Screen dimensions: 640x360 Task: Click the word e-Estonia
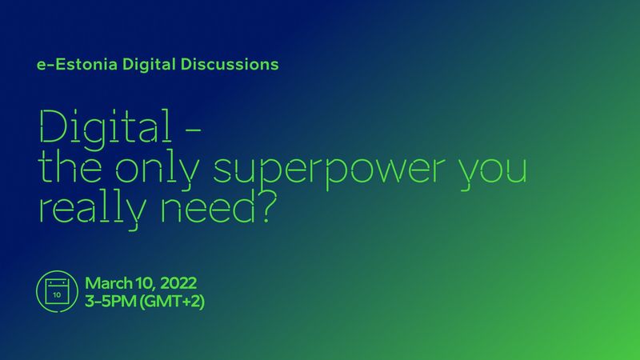(77, 65)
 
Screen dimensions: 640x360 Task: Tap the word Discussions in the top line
(230, 65)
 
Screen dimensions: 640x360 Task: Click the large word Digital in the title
(106, 127)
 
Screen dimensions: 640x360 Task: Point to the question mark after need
(268, 207)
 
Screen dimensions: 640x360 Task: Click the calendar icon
(57, 291)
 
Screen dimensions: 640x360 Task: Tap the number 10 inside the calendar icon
(57, 294)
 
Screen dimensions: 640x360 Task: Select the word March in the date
(109, 283)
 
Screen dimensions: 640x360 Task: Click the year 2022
(178, 283)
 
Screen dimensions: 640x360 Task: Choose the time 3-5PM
(110, 302)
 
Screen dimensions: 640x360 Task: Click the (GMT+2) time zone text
(172, 302)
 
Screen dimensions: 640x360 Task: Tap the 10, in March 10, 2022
(146, 283)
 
